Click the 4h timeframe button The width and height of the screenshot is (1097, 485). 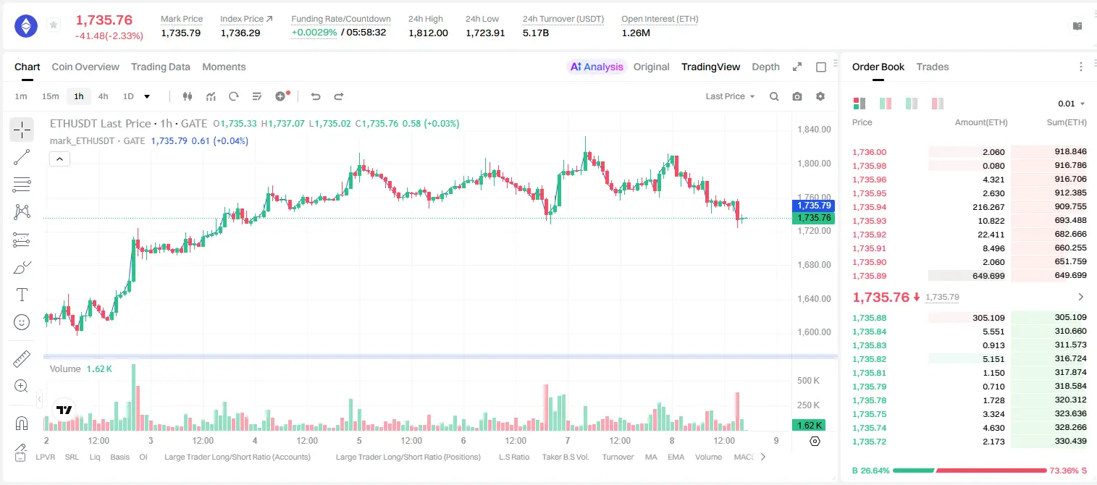(x=103, y=96)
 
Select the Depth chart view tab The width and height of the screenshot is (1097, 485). (x=765, y=67)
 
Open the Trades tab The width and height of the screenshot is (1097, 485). (x=933, y=67)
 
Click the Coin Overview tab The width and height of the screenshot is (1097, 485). (x=85, y=67)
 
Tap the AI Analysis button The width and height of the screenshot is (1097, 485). (x=597, y=67)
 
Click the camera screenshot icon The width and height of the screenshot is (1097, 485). (x=797, y=96)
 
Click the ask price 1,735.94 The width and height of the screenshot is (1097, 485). (x=870, y=207)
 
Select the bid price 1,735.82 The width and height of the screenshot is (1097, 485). (x=870, y=359)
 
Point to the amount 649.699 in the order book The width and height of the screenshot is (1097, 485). (x=988, y=276)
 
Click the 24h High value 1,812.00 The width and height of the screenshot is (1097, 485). (x=428, y=33)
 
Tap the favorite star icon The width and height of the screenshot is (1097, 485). (x=54, y=25)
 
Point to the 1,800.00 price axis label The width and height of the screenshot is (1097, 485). (x=814, y=164)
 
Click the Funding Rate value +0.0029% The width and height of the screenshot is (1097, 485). (x=314, y=33)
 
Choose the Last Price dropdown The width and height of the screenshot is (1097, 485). (x=730, y=96)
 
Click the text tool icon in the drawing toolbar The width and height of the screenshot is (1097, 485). (x=22, y=295)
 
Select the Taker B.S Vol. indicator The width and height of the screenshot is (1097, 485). (x=565, y=457)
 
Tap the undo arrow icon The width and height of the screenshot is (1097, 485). (x=316, y=96)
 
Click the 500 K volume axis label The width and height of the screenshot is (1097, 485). (x=808, y=380)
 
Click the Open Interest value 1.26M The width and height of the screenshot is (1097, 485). (x=636, y=33)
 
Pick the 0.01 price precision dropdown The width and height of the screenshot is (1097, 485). (x=1071, y=104)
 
